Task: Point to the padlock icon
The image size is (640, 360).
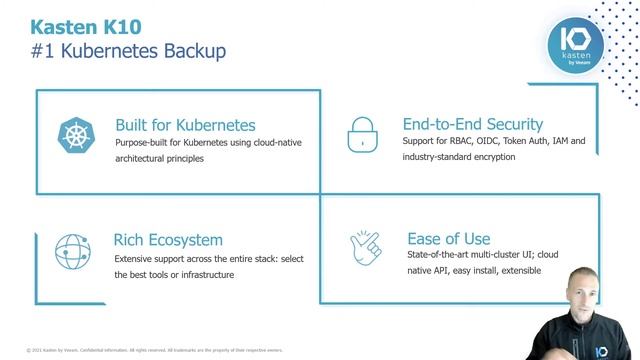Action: (x=362, y=134)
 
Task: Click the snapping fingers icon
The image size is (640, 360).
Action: (x=364, y=248)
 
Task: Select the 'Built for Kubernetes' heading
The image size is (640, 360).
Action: (x=185, y=125)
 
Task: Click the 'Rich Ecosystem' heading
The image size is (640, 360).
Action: (x=169, y=240)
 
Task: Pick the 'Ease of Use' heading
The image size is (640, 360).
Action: (x=449, y=238)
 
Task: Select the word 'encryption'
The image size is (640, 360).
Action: (x=494, y=158)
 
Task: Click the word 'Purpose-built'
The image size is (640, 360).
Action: (x=140, y=143)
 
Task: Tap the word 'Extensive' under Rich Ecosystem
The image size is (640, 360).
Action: (x=135, y=258)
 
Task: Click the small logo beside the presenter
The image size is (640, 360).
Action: (x=628, y=352)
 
